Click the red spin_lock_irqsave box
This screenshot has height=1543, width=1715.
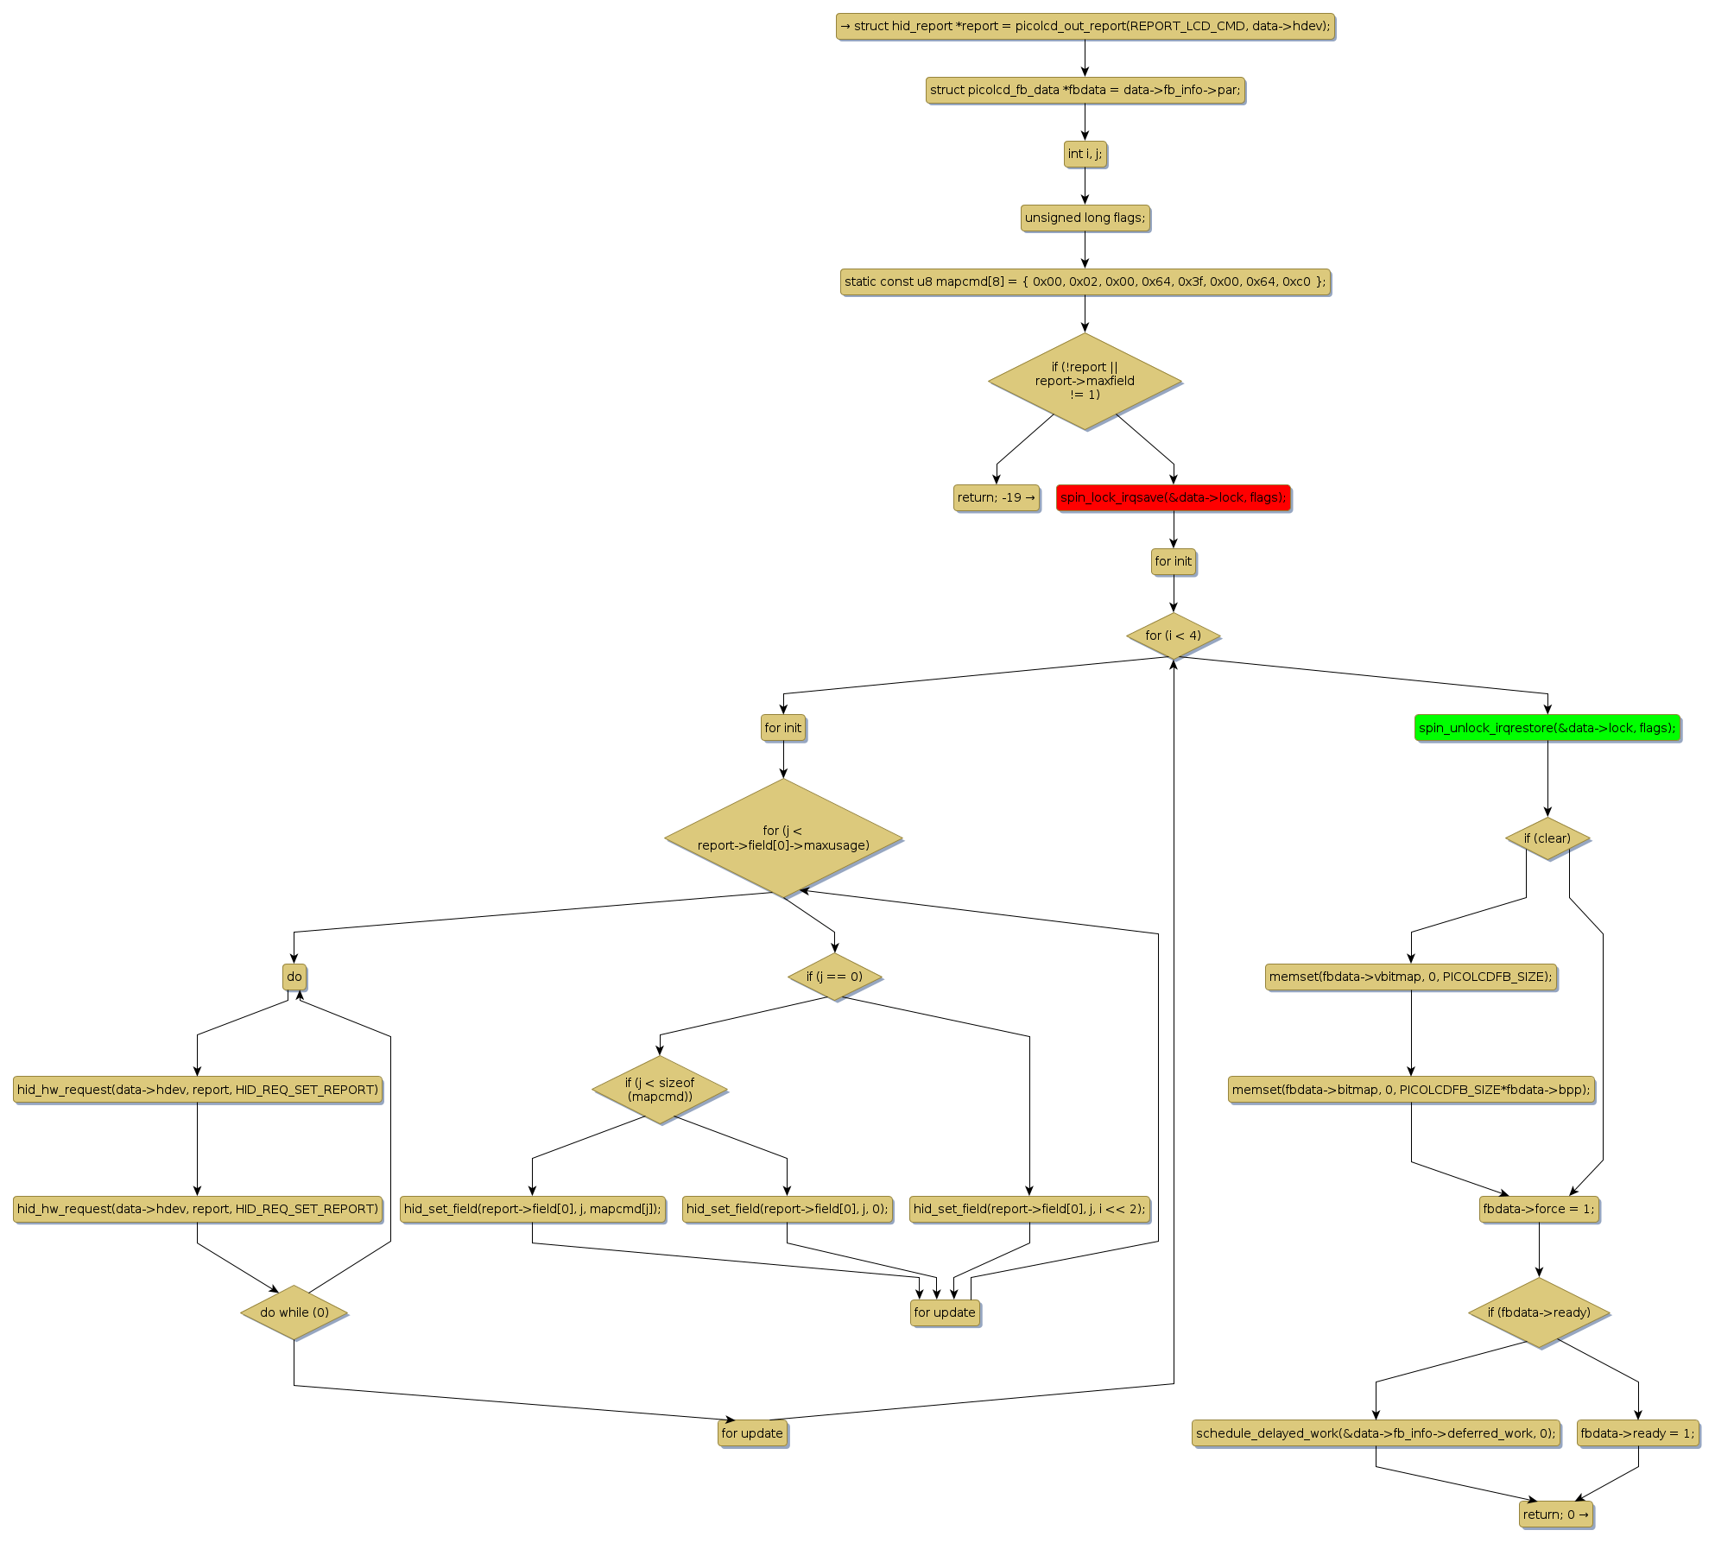click(x=1173, y=497)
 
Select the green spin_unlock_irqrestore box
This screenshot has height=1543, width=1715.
click(x=1547, y=728)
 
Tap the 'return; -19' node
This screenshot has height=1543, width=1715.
click(x=996, y=497)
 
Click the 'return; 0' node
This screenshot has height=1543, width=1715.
click(x=1555, y=1514)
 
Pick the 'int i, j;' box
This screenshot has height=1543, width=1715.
click(x=1085, y=154)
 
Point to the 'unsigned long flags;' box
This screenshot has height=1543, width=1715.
click(x=1085, y=218)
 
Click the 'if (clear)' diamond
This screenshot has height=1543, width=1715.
click(x=1547, y=838)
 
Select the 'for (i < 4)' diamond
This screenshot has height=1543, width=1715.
click(x=1173, y=636)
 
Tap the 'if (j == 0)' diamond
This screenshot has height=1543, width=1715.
click(x=834, y=977)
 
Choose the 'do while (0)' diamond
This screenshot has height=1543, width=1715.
click(x=294, y=1312)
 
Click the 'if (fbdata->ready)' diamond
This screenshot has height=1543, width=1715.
click(x=1539, y=1312)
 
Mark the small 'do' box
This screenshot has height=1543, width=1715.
click(x=294, y=977)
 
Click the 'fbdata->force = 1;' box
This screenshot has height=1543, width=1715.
click(x=1538, y=1209)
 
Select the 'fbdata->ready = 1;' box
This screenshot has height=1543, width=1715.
click(x=1637, y=1433)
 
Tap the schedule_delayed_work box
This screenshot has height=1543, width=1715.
click(x=1376, y=1433)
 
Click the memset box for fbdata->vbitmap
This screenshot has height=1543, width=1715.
click(x=1410, y=977)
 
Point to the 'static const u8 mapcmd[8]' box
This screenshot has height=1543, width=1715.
click(x=1085, y=281)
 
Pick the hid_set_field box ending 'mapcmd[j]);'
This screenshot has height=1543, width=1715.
click(x=532, y=1209)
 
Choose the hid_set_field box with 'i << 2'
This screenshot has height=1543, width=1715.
click(x=1029, y=1209)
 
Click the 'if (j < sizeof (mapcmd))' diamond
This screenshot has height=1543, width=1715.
click(x=660, y=1090)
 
